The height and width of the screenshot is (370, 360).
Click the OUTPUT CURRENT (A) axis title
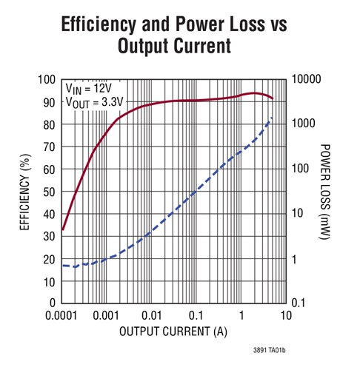click(x=173, y=332)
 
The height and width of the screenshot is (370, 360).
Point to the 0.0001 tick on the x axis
click(x=62, y=315)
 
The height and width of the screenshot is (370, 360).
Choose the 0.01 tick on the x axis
click(x=151, y=315)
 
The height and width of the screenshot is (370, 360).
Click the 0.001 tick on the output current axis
click(x=107, y=315)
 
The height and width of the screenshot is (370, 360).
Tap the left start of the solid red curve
click(x=62, y=229)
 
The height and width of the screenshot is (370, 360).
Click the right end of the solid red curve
click(x=273, y=98)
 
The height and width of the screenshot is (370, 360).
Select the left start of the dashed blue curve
click(x=62, y=265)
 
